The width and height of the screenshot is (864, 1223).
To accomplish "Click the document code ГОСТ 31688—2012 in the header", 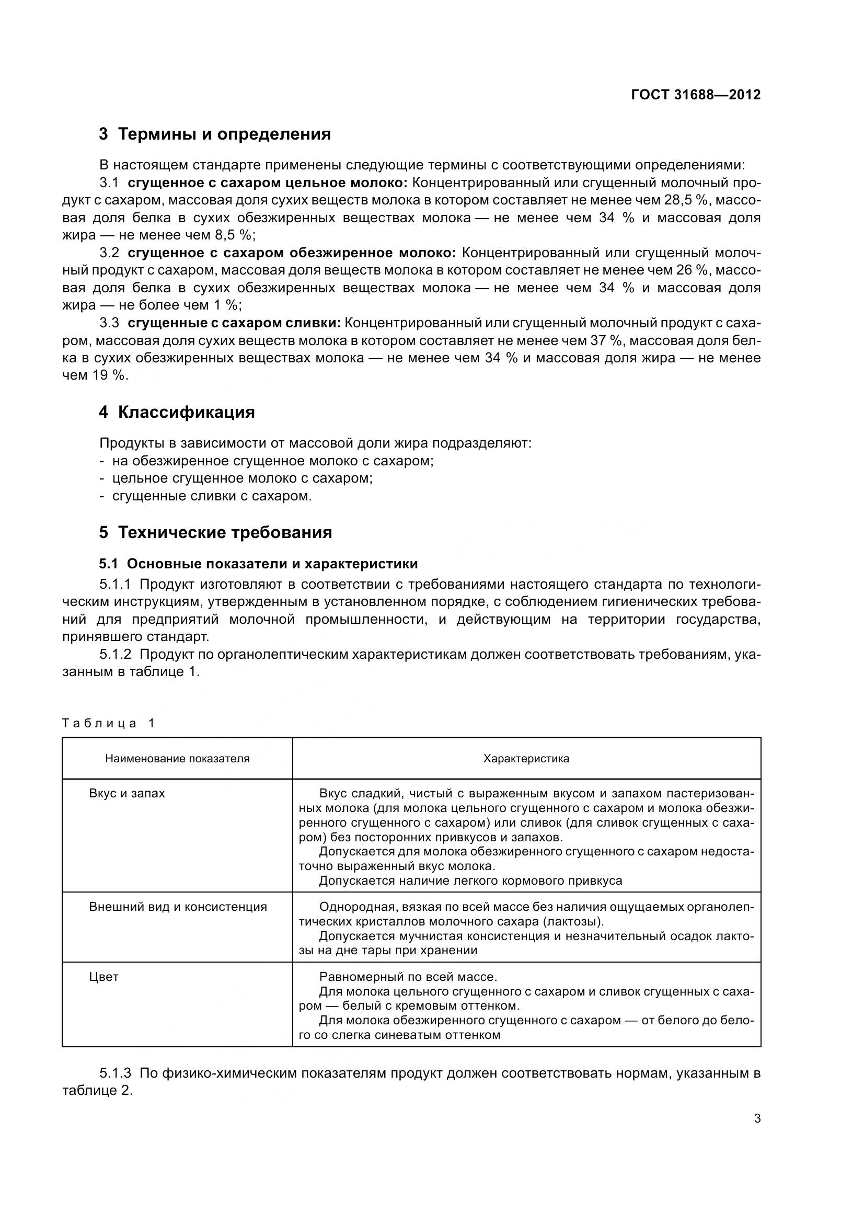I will (695, 95).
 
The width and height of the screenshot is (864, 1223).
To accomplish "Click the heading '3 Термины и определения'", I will (214, 134).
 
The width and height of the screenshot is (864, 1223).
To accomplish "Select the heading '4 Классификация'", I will (177, 412).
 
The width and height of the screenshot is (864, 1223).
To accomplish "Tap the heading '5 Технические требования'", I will (215, 533).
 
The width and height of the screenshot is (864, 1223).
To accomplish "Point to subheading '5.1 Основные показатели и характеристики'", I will (258, 564).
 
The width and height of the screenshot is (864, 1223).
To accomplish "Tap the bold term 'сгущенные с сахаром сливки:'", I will (234, 323).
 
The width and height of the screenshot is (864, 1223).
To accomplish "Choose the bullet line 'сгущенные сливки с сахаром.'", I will (212, 496).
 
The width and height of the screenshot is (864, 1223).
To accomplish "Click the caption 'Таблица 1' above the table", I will (108, 723).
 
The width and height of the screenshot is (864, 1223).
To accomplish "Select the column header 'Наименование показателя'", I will (177, 759).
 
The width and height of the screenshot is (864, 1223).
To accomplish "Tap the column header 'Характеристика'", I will (526, 759).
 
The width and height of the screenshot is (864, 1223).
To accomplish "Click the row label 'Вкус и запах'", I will (126, 793).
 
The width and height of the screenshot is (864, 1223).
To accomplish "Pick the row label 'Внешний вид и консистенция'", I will (178, 907).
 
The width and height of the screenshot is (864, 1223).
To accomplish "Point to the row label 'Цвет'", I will (104, 976).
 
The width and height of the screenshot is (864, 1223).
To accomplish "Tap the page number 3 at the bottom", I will (757, 1118).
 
